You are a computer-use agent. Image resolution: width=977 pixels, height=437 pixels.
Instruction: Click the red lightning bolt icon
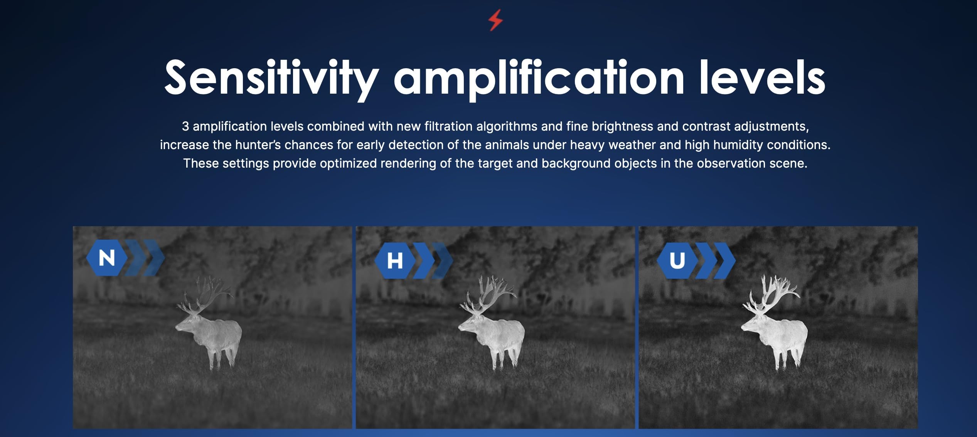tap(495, 20)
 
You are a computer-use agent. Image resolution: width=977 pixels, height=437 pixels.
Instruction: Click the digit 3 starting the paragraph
tap(185, 126)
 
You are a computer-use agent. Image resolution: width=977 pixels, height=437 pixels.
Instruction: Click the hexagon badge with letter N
tap(107, 258)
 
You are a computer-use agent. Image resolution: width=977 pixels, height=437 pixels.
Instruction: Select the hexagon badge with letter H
tap(395, 261)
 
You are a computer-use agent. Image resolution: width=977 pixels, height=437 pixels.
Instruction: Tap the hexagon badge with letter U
tap(677, 261)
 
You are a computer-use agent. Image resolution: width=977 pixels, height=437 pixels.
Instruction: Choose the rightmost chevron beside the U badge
tap(725, 261)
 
